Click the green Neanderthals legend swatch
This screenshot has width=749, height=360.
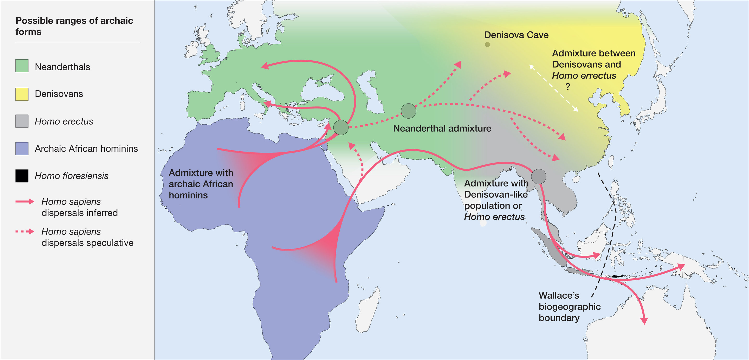[22, 66]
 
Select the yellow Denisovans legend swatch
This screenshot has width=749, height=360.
[22, 94]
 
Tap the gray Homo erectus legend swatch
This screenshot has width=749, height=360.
[22, 121]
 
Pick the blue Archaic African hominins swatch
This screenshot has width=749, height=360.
[22, 148]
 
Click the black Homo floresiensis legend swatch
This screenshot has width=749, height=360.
[22, 176]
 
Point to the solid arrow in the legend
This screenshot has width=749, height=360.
[25, 202]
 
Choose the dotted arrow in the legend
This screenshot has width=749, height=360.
[25, 232]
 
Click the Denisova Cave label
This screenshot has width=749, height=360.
[516, 35]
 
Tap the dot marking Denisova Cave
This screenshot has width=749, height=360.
[487, 44]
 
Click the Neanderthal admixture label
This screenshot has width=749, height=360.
[442, 128]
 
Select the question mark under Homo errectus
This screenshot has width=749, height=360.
[567, 86]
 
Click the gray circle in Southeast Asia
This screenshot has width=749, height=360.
[539, 177]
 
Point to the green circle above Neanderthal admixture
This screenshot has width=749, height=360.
[408, 111]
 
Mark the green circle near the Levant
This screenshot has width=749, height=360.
[341, 127]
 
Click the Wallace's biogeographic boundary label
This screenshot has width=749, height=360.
[569, 306]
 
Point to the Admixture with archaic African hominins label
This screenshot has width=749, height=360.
[201, 184]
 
